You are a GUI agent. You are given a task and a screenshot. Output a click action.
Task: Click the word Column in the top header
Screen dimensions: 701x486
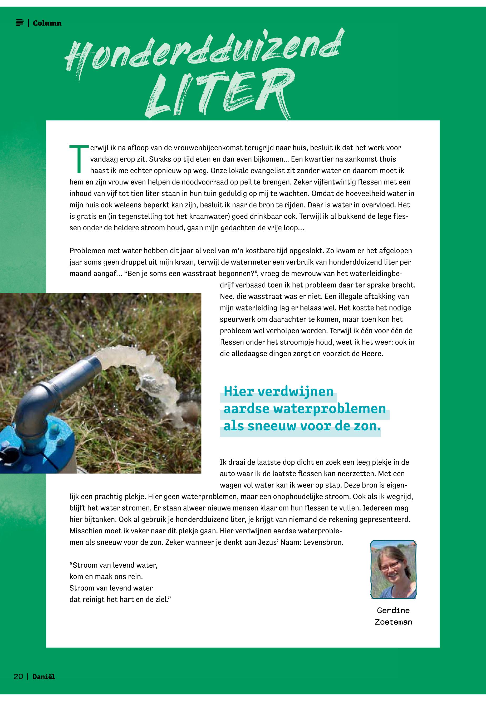(47, 23)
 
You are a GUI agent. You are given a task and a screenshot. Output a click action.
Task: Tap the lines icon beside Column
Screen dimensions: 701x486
(20, 23)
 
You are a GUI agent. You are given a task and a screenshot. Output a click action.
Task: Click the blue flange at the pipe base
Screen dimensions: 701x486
(46, 442)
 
